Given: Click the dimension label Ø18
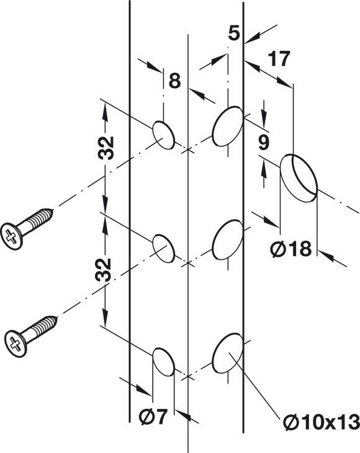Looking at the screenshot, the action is [291, 249].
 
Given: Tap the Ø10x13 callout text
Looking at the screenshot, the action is [322, 423].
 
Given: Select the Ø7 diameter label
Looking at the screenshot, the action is [153, 417].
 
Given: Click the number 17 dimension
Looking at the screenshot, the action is [279, 59].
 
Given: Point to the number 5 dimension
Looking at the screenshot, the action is [234, 33].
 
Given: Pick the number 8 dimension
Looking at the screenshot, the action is [174, 81].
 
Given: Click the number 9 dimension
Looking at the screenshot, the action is [264, 143].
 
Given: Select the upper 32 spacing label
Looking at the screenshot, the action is [106, 148].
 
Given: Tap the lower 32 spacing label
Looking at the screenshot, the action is [103, 270].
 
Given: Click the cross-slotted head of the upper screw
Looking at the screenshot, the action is [11, 236].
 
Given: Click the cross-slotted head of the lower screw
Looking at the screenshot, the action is [16, 344].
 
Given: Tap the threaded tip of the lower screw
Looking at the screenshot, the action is [55, 319].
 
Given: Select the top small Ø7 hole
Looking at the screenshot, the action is [163, 135].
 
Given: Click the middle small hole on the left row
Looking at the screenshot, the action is [163, 248].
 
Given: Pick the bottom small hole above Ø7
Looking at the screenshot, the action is [163, 362].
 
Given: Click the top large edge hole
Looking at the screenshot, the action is [228, 126].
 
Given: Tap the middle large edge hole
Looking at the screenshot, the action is [228, 240].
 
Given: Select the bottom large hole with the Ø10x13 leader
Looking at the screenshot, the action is [228, 352].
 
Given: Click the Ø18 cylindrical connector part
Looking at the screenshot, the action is [299, 177].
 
